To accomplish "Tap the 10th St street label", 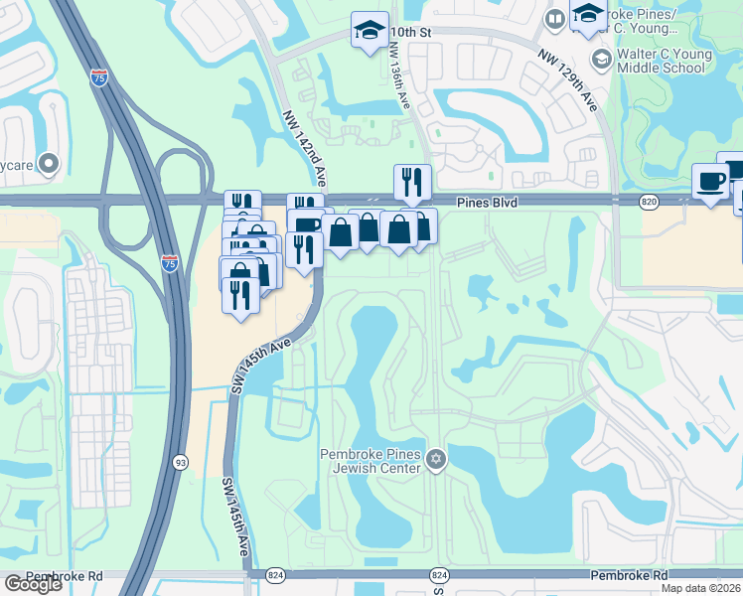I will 415,32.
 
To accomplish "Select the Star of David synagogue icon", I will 435,459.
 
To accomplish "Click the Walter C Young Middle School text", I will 660,61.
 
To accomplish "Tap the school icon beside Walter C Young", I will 600,60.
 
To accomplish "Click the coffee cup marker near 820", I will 709,181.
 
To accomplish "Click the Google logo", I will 33,584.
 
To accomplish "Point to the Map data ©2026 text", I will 699,588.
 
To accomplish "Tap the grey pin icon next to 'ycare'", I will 49,162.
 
